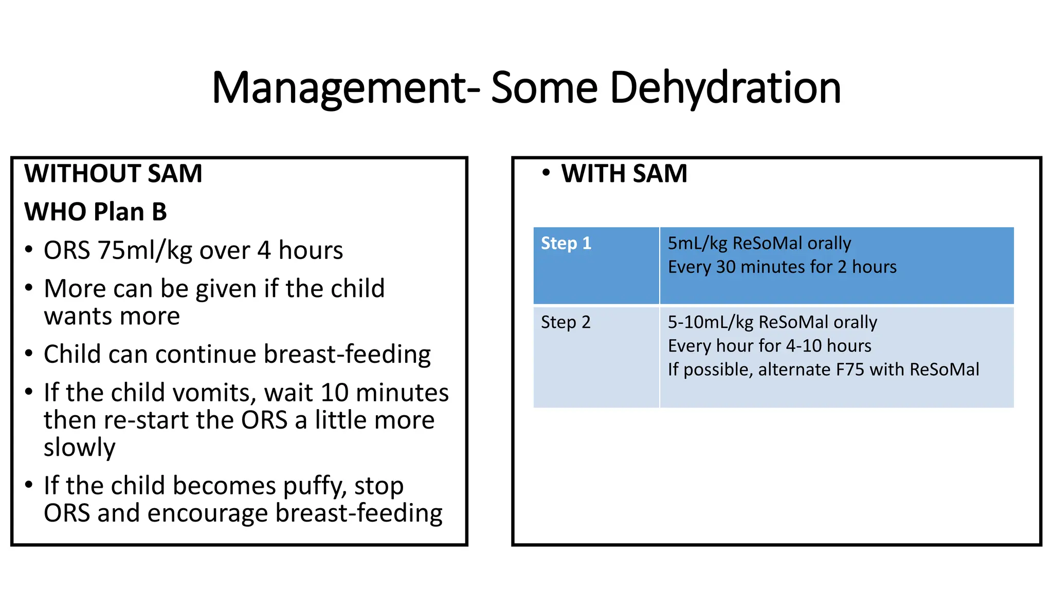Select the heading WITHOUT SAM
coord(113,173)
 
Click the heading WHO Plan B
coord(96,212)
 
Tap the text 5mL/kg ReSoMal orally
coord(759,243)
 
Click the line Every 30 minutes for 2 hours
coord(782,267)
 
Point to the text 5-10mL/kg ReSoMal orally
coord(772,322)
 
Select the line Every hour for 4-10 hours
coord(769,346)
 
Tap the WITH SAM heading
coord(624,173)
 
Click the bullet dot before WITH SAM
coord(546,173)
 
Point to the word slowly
coord(79,448)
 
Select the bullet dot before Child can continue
coord(29,354)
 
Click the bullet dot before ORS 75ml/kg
coord(29,250)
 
